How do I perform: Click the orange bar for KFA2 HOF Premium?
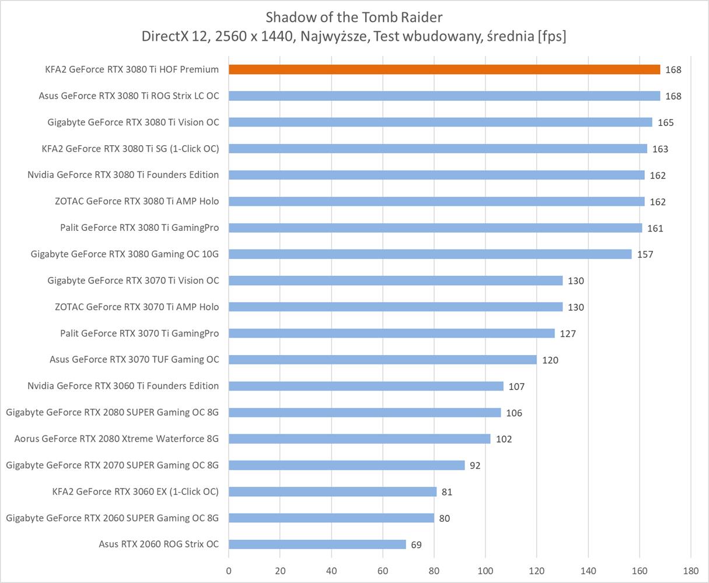[444, 69]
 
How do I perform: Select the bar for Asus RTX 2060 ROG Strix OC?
[317, 545]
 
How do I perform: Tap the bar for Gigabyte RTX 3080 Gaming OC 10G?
[430, 254]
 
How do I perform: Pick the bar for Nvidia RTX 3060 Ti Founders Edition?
[366, 386]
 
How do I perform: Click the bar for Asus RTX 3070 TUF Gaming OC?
[382, 360]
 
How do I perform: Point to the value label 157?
[645, 255]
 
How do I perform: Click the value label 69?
[416, 545]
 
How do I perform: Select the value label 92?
[475, 466]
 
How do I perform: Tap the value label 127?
[567, 334]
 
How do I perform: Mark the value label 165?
[665, 123]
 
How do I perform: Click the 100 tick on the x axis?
[486, 570]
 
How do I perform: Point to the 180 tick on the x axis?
[690, 570]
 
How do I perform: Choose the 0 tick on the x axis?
[229, 570]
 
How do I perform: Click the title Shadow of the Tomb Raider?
[354, 16]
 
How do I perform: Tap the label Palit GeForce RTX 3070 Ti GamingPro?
[139, 333]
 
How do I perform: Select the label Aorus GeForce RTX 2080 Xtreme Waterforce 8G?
[117, 438]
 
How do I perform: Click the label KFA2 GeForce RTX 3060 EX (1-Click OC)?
[135, 491]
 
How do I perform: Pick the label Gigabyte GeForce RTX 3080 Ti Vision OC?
[133, 122]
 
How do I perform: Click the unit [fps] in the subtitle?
[552, 36]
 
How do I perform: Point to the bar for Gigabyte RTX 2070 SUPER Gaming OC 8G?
[347, 465]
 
